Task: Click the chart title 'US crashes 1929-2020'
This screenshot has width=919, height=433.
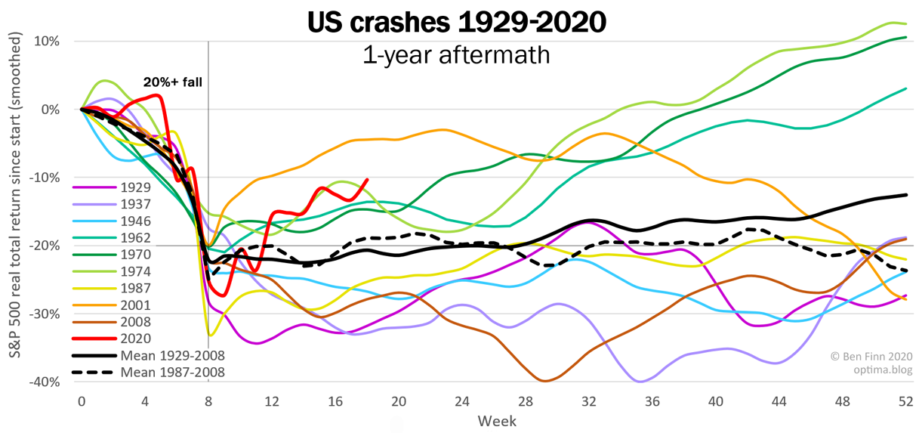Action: [x=457, y=23]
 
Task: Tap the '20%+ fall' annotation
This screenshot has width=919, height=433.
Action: [x=173, y=83]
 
